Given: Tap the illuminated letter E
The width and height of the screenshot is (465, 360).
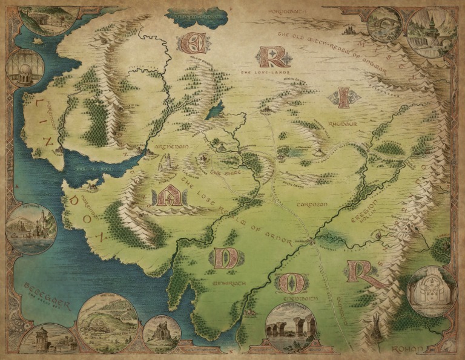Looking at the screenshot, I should (x=193, y=43).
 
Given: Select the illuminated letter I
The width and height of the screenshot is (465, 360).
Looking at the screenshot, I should (x=343, y=97).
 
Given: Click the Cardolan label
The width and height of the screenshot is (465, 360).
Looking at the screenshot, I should (x=312, y=205).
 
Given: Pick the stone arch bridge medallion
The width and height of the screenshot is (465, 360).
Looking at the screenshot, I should (x=385, y=24).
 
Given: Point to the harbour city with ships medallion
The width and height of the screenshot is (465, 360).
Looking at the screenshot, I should (x=31, y=229).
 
